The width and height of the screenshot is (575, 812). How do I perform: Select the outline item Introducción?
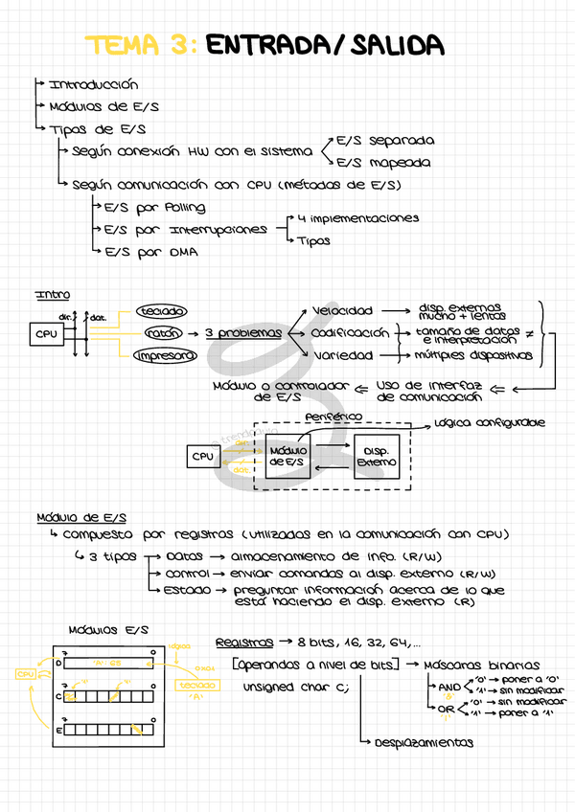click(93, 85)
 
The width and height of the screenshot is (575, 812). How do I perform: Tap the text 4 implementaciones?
click(358, 218)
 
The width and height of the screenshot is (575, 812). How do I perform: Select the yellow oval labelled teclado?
click(162, 311)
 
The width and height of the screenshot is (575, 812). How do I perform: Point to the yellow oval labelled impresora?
click(165, 356)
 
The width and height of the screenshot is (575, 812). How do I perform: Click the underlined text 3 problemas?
click(243, 333)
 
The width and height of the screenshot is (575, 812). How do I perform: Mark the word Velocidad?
click(342, 311)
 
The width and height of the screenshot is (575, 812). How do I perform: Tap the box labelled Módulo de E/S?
click(287, 457)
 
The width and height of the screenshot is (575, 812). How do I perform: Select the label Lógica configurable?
click(489, 422)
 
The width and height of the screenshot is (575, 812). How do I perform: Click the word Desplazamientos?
click(424, 742)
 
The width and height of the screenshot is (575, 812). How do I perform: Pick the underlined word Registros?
click(242, 642)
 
